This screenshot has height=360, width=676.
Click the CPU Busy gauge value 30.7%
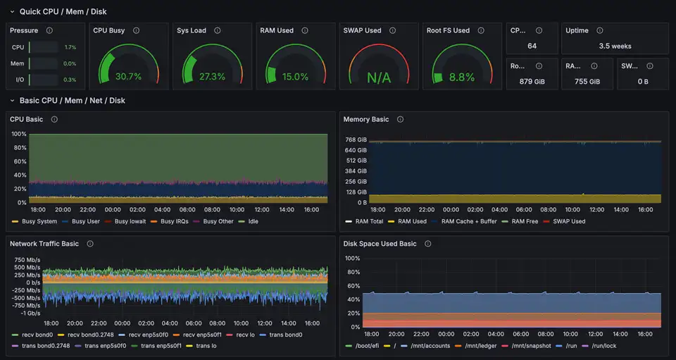[x=128, y=77]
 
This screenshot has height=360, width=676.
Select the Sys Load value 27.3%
[x=212, y=77]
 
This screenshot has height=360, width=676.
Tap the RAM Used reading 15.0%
[x=295, y=77]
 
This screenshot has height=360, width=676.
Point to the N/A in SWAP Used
[x=378, y=77]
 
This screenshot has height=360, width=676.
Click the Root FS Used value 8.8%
[x=461, y=77]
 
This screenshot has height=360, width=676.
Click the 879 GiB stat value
[x=532, y=82]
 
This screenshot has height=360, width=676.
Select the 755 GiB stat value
[x=587, y=82]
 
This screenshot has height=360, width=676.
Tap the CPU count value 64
[x=532, y=46]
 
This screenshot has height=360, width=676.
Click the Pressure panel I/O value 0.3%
[x=70, y=80]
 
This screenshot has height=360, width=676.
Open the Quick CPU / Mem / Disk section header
[x=63, y=11]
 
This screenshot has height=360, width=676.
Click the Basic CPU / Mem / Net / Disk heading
[x=72, y=101]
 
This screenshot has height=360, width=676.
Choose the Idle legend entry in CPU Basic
[x=253, y=221]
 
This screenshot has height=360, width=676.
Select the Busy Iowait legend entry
[x=130, y=221]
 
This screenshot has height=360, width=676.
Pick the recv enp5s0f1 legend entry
[x=204, y=335]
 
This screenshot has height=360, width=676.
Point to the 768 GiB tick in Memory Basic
[x=356, y=139]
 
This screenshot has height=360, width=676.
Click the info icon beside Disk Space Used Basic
[x=426, y=244]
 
